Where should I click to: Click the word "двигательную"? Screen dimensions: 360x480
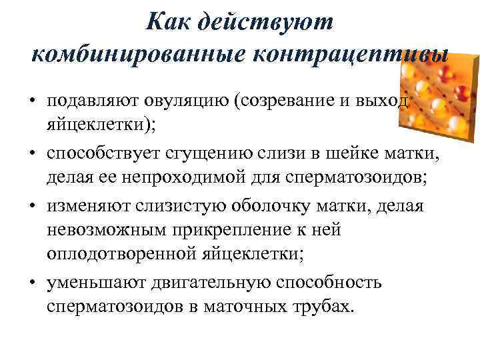pyautogui.click(x=209, y=283)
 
